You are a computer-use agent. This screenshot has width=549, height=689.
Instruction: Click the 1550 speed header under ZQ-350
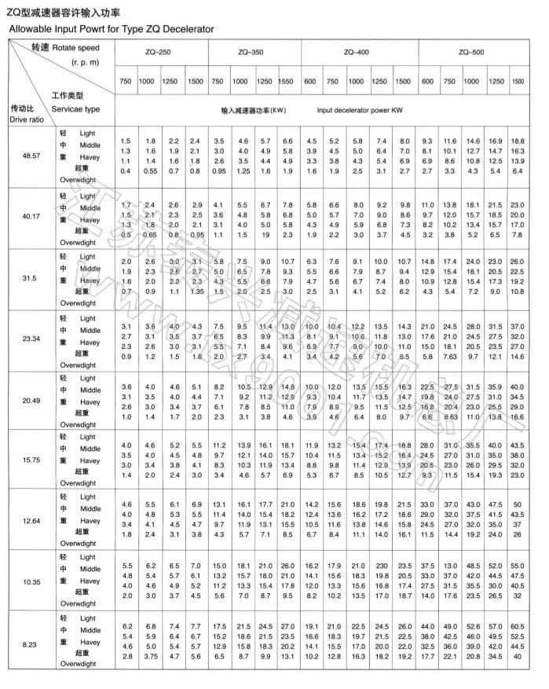(x=287, y=81)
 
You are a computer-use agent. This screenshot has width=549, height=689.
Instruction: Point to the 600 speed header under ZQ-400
(x=311, y=81)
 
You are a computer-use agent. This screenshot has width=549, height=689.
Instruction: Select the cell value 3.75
(x=149, y=657)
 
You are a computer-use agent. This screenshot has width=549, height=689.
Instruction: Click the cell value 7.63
(x=450, y=356)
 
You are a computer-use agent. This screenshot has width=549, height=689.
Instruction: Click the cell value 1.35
(x=196, y=291)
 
